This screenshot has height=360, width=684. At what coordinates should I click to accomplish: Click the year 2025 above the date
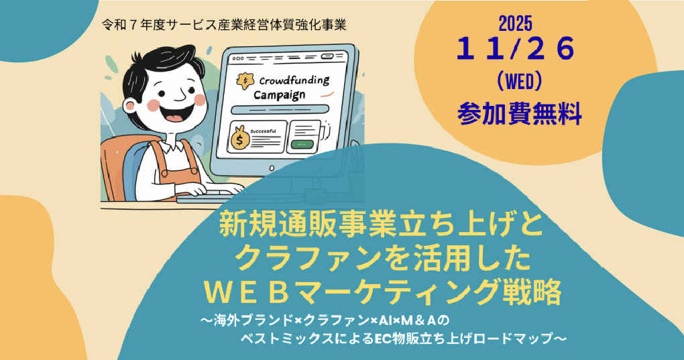(x=516, y=23)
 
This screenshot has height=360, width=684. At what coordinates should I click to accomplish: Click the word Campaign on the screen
(x=280, y=96)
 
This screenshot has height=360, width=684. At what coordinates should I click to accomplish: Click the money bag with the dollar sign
(x=240, y=139)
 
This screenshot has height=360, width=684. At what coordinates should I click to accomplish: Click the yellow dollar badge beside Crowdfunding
(x=247, y=79)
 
